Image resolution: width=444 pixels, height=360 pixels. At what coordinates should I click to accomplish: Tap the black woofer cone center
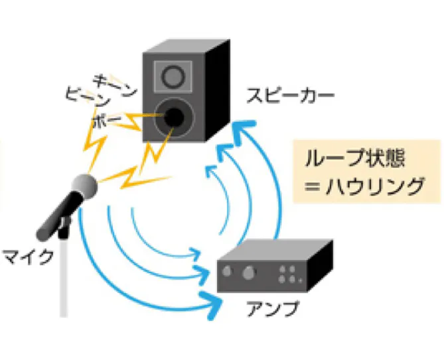pos(175,117)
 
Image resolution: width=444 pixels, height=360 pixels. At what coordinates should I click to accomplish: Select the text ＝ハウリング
pos(362,188)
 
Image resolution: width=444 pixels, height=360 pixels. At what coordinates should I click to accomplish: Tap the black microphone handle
pos(56,219)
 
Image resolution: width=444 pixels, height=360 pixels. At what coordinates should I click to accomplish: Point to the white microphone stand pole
pos(64,278)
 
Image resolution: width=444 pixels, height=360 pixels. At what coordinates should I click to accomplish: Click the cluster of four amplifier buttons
pos(289,274)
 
